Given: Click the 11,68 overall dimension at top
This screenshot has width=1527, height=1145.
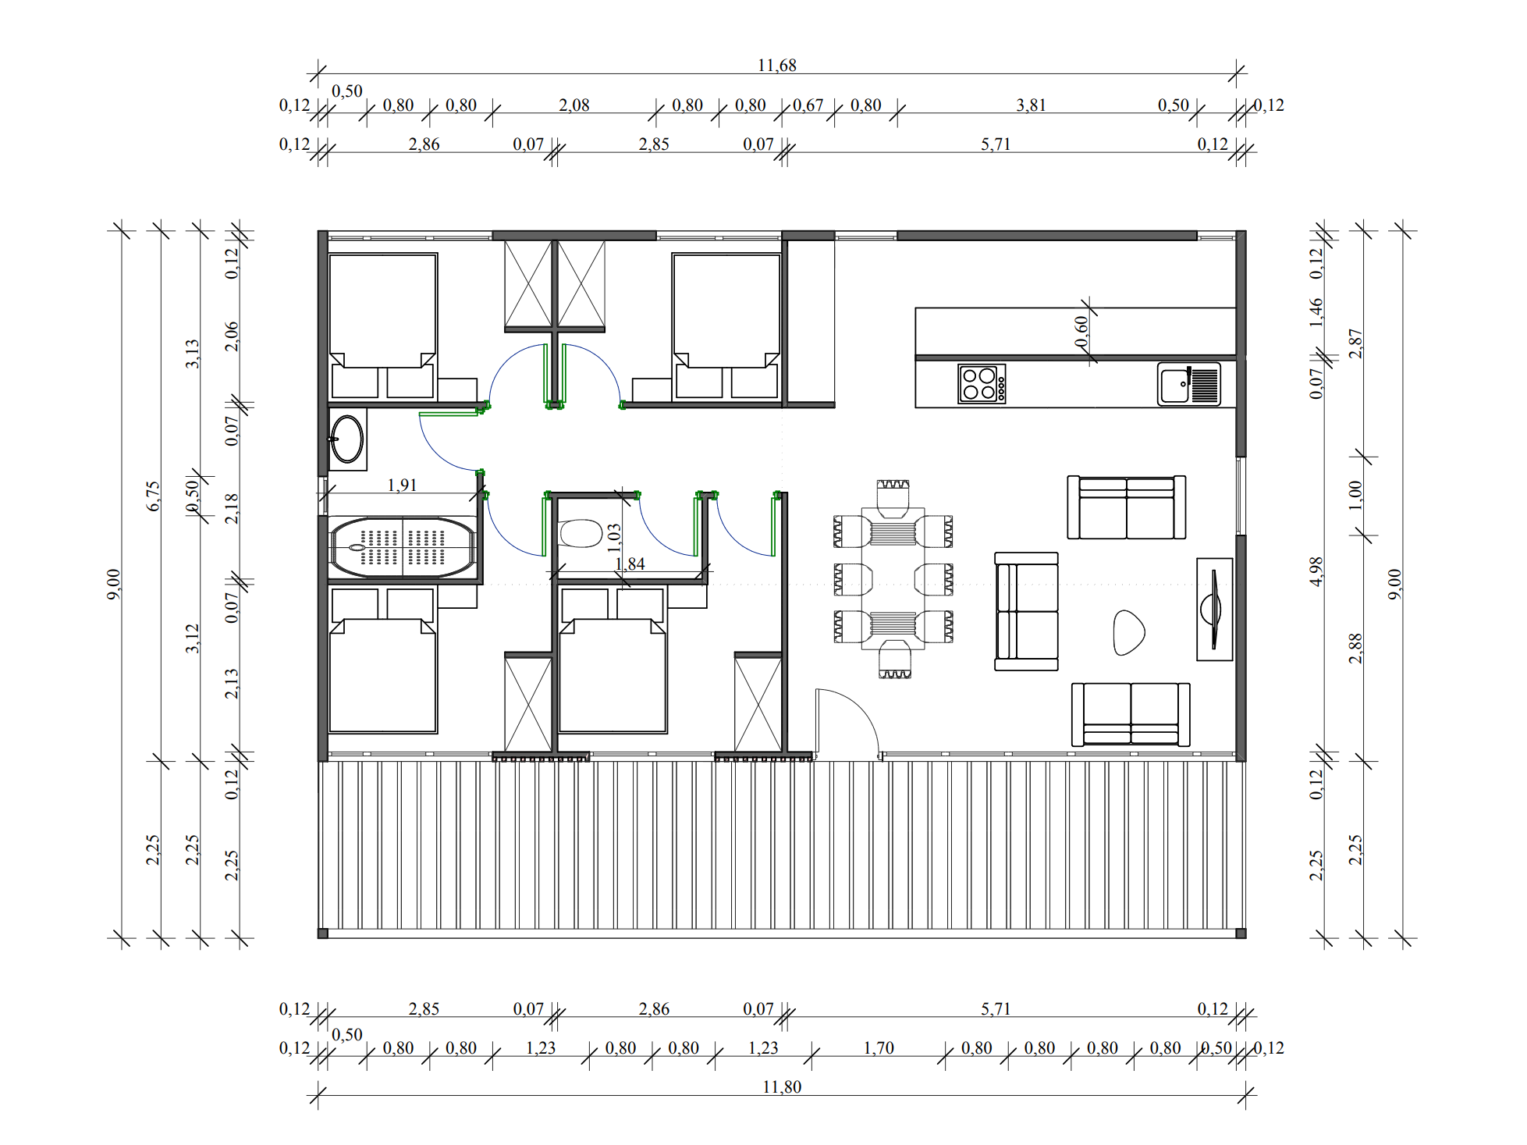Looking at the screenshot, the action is [777, 66].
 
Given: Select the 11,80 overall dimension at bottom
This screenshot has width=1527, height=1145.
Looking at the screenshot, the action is [782, 1087].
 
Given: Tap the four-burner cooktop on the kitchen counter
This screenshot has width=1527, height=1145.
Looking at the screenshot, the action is [982, 384].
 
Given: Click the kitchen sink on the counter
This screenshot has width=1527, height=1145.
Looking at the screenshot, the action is [1188, 384].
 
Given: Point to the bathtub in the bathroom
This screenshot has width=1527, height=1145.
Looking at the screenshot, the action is [403, 547].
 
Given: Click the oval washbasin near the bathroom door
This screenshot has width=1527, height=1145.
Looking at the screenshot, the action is [347, 439].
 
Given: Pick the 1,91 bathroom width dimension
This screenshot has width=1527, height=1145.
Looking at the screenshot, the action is [402, 485].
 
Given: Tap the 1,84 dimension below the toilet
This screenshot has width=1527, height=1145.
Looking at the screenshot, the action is [630, 564].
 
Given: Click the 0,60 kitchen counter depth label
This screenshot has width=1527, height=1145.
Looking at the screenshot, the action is [1081, 332].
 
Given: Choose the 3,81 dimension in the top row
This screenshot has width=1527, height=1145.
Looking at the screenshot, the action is [1031, 105].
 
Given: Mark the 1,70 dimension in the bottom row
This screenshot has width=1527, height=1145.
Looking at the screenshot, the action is [879, 1047].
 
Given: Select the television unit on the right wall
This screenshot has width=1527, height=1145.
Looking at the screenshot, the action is [1214, 609].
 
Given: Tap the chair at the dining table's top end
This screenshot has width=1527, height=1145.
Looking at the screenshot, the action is [893, 498].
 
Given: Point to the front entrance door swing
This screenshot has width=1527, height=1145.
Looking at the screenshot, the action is [847, 723].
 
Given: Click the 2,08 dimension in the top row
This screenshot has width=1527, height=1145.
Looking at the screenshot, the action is [574, 105].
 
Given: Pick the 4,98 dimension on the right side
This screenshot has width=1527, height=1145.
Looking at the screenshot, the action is [1316, 571].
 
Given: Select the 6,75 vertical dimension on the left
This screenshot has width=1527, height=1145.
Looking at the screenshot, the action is [153, 496].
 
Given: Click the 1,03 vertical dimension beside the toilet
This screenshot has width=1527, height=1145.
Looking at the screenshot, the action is [614, 538].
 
